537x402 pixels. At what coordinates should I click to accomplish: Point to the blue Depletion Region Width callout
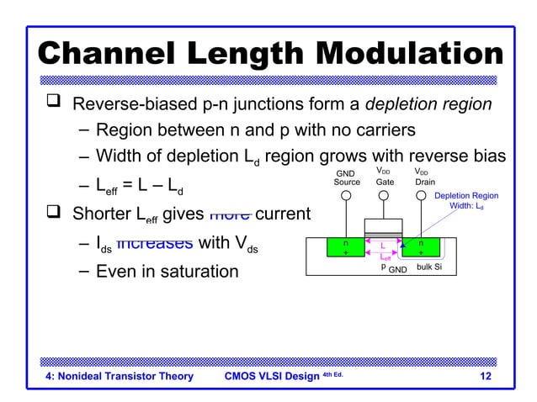pos(465,200)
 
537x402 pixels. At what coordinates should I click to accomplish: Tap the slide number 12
pos(485,376)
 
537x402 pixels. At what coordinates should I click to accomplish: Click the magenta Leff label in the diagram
pos(384,258)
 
